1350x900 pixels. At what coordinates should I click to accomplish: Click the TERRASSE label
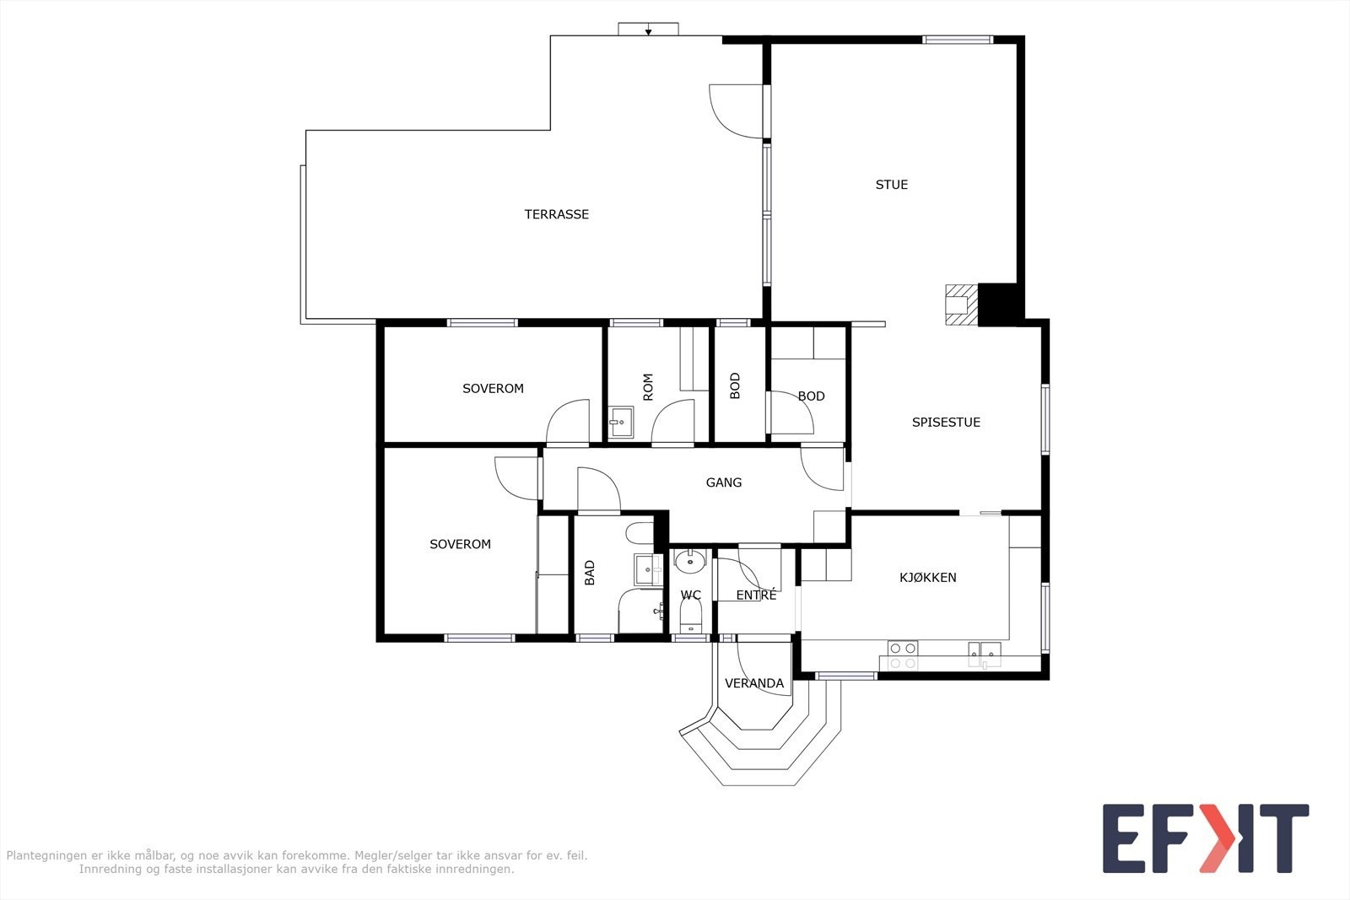(556, 214)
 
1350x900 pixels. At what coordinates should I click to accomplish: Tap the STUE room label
(891, 185)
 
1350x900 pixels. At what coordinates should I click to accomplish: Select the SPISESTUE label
(946, 423)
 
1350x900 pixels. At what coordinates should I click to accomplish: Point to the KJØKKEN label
(927, 578)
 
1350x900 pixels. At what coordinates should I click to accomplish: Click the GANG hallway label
(723, 482)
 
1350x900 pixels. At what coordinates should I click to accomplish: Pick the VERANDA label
(754, 684)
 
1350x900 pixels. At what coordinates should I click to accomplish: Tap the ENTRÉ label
(756, 596)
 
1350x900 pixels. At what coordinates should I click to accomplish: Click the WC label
(691, 596)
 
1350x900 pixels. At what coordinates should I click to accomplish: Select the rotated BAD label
(590, 573)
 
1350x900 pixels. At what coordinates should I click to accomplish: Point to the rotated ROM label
(648, 387)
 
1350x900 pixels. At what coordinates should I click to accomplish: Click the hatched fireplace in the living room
(961, 304)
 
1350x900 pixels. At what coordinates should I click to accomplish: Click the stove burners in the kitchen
(902, 655)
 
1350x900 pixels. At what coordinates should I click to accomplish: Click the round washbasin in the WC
(690, 562)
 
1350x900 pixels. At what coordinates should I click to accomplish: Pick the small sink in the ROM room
(620, 422)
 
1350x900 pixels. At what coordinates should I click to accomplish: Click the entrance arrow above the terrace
(649, 30)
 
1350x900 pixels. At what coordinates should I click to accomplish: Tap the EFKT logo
(1206, 838)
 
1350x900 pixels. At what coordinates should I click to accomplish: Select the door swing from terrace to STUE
(736, 111)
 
